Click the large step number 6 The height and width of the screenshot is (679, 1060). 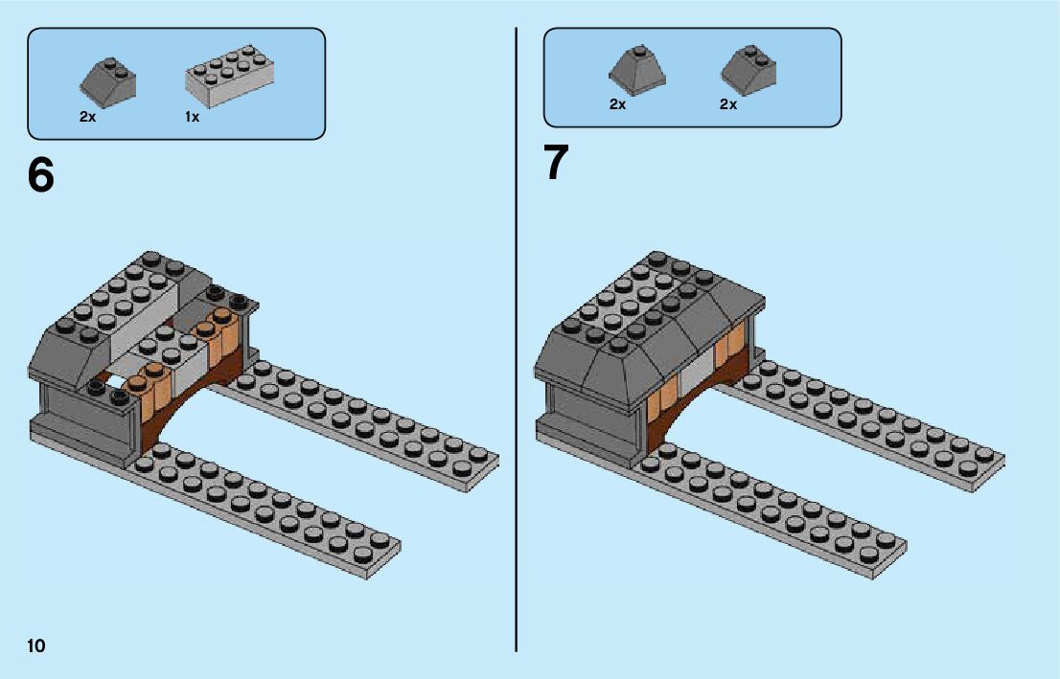click(x=40, y=175)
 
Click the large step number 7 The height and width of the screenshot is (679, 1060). click(x=556, y=163)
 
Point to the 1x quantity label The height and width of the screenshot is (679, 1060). click(x=192, y=117)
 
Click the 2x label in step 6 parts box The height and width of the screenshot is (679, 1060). click(x=88, y=117)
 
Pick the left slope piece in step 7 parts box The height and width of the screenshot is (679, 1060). click(x=636, y=69)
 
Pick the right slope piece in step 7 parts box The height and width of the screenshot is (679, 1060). click(x=749, y=70)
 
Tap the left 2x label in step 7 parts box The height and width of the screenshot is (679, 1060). click(x=617, y=104)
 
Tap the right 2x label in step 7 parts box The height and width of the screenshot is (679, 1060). click(x=728, y=104)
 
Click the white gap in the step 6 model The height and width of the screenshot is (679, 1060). click(x=117, y=381)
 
